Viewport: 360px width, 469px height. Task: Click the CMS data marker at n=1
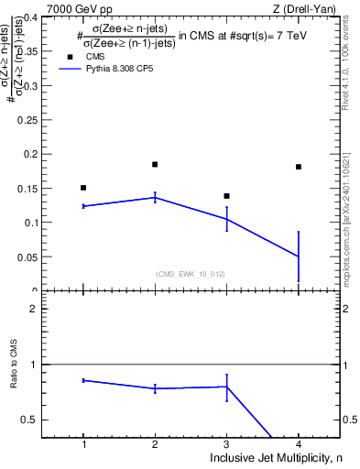point(83,188)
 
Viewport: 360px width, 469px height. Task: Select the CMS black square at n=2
point(155,165)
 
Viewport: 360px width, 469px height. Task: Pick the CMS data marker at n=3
point(226,196)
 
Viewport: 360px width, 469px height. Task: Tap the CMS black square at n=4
point(299,167)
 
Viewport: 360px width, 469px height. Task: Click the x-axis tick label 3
point(226,444)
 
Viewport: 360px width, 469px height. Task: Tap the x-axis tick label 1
point(83,444)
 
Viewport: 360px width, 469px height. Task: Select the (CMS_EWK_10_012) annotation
point(191,274)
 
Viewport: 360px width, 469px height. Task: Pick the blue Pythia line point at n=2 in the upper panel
point(155,197)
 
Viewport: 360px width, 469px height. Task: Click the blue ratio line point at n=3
point(226,387)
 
